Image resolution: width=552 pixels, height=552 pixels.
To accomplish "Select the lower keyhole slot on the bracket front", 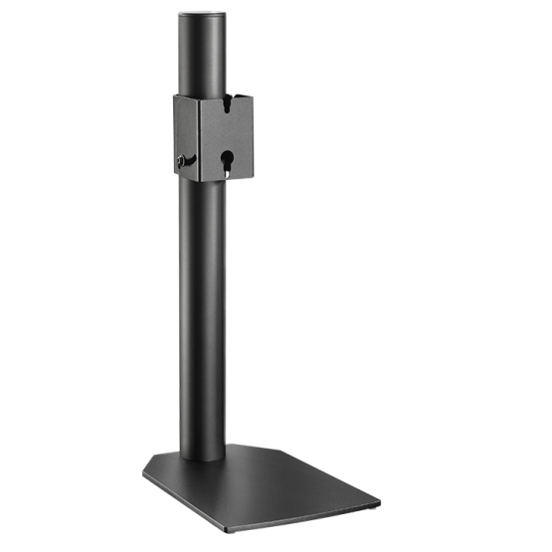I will point(228,160).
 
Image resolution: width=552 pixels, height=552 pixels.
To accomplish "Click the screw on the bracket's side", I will point(182,161).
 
